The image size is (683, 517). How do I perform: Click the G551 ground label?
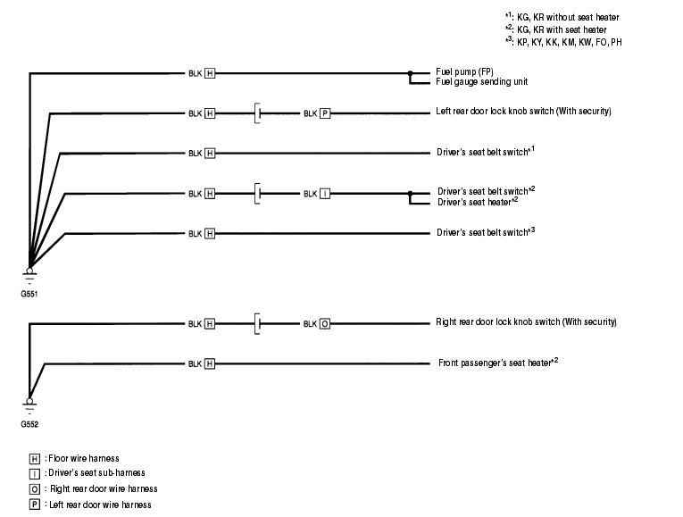(x=29, y=292)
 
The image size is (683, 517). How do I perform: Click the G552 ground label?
(x=29, y=424)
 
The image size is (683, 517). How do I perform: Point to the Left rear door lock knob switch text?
(x=522, y=112)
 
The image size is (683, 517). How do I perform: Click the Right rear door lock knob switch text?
(x=526, y=321)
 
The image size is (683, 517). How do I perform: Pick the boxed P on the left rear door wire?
(x=325, y=113)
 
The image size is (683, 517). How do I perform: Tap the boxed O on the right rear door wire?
(x=325, y=324)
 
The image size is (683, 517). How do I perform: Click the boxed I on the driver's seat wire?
(x=325, y=193)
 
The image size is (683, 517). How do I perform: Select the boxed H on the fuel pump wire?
(x=210, y=73)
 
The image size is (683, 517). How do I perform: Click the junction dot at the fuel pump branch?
(x=410, y=73)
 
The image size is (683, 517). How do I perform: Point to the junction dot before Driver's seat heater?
(x=410, y=193)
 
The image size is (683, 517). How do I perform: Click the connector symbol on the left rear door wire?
(x=257, y=113)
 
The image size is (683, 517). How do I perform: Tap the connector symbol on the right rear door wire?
(x=257, y=323)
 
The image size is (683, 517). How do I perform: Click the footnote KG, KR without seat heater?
(x=562, y=17)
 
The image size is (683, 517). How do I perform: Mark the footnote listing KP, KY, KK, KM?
(x=562, y=42)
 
